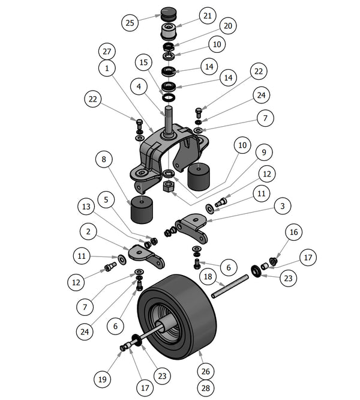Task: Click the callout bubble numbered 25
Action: [x=130, y=23]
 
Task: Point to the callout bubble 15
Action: [x=143, y=62]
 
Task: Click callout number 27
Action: [x=106, y=52]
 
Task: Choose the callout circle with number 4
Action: [x=139, y=86]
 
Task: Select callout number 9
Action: [x=262, y=151]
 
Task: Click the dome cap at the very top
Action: [x=167, y=13]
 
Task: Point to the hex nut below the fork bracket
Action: [x=169, y=187]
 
